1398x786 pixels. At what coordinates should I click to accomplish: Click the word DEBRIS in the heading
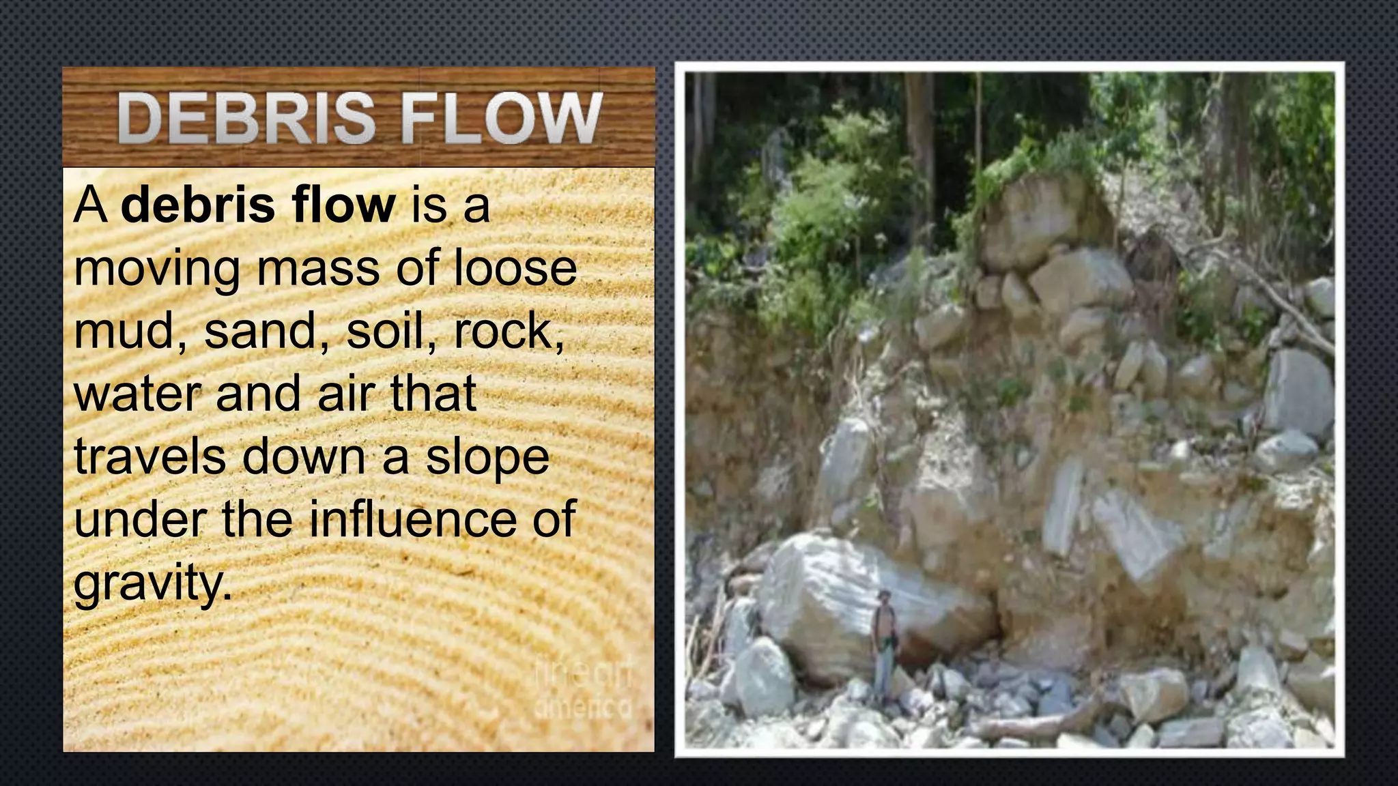coord(246,119)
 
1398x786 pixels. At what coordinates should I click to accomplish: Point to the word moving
coord(156,268)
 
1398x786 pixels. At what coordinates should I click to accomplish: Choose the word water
coord(139,395)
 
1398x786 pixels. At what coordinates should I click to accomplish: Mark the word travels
coord(150,457)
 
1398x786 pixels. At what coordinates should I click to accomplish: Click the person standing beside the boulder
coord(884,638)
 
